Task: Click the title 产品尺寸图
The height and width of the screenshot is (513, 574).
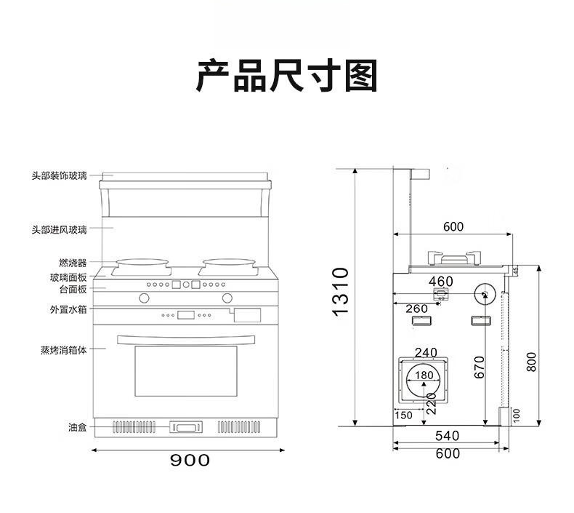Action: click(286, 76)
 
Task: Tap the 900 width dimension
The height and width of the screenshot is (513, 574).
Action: click(190, 460)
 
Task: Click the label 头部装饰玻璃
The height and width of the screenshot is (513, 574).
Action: click(59, 175)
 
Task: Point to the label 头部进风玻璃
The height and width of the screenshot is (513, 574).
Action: click(59, 229)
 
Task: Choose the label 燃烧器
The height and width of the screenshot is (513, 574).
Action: click(73, 263)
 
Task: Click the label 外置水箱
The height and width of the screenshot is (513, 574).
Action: click(68, 310)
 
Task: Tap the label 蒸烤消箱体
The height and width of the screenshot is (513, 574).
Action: click(64, 349)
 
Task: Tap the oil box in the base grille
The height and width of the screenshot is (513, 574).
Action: click(187, 427)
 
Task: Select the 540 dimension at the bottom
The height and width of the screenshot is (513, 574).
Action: click(447, 436)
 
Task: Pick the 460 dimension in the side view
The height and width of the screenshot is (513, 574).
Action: click(441, 282)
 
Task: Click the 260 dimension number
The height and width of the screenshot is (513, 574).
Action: click(416, 309)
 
